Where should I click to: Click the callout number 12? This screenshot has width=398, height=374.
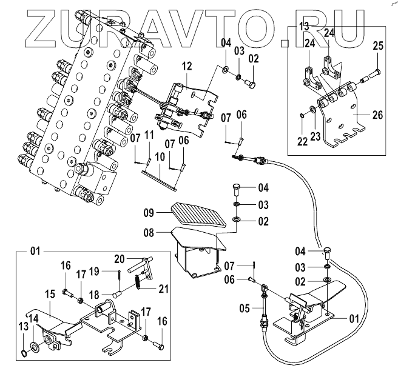pos(186,65)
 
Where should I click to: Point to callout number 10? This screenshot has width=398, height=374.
pos(159,157)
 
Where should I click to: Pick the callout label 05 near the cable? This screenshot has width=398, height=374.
pos(244,308)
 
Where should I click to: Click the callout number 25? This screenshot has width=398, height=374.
pos(378,46)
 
